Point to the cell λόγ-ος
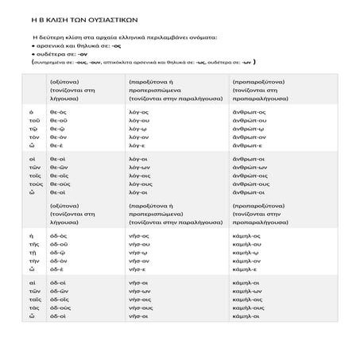(139, 113)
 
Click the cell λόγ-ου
(139, 124)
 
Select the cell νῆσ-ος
(139, 237)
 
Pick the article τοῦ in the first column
(33, 124)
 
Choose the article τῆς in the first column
(33, 248)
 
